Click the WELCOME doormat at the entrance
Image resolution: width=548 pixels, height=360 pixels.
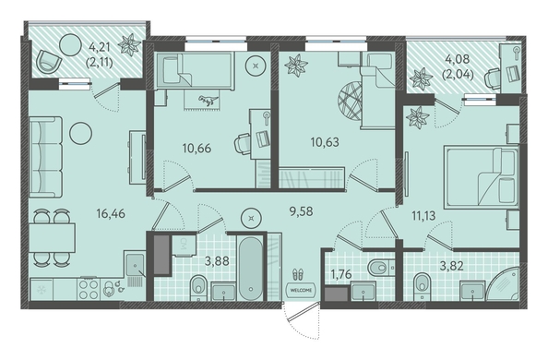click(301, 290)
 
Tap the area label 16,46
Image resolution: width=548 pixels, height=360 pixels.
click(111, 213)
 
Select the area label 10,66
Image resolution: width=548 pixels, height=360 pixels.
click(197, 148)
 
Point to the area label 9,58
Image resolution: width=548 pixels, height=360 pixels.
click(302, 211)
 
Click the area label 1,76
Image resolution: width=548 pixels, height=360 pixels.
click(340, 274)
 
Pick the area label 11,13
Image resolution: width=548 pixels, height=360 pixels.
click(423, 216)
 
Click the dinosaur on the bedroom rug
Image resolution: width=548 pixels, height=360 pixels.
click(208, 101)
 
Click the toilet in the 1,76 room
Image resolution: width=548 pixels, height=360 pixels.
click(380, 268)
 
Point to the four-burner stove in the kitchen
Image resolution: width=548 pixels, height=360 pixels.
click(89, 290)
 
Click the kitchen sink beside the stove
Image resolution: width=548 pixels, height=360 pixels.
click(135, 265)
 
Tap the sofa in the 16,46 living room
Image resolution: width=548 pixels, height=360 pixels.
click(46, 157)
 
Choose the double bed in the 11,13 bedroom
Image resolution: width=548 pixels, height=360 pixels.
click(481, 177)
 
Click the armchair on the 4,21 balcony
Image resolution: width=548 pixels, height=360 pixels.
click(49, 62)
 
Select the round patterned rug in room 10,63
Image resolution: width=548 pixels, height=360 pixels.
click(350, 102)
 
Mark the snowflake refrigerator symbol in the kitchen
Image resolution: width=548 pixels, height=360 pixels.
click(42, 290)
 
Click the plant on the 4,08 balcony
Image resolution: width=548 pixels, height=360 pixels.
click(421, 79)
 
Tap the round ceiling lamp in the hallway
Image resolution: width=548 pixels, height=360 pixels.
click(251, 219)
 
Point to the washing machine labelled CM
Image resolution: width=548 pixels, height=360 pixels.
click(183, 245)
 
